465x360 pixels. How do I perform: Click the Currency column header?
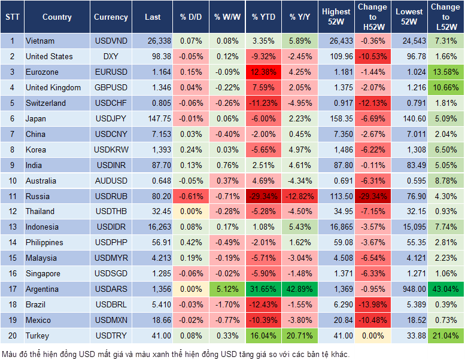tap(111, 17)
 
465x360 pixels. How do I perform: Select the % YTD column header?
tap(263, 17)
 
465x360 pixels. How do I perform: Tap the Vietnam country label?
tap(40, 41)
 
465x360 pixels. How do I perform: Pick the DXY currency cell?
tap(111, 57)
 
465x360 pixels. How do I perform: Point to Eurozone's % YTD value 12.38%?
tap(263, 72)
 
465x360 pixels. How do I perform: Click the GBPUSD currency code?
tap(111, 88)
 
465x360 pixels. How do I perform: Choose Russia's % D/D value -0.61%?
tap(191, 196)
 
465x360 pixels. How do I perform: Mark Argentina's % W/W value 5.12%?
tap(227, 289)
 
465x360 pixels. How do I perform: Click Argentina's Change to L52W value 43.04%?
tap(445, 289)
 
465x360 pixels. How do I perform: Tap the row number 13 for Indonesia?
tap(12, 227)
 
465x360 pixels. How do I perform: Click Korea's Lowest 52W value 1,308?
tap(409, 150)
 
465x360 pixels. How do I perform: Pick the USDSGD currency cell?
tap(111, 274)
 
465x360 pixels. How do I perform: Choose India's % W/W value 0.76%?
tap(227, 165)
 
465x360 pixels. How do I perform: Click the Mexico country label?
tap(38, 321)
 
